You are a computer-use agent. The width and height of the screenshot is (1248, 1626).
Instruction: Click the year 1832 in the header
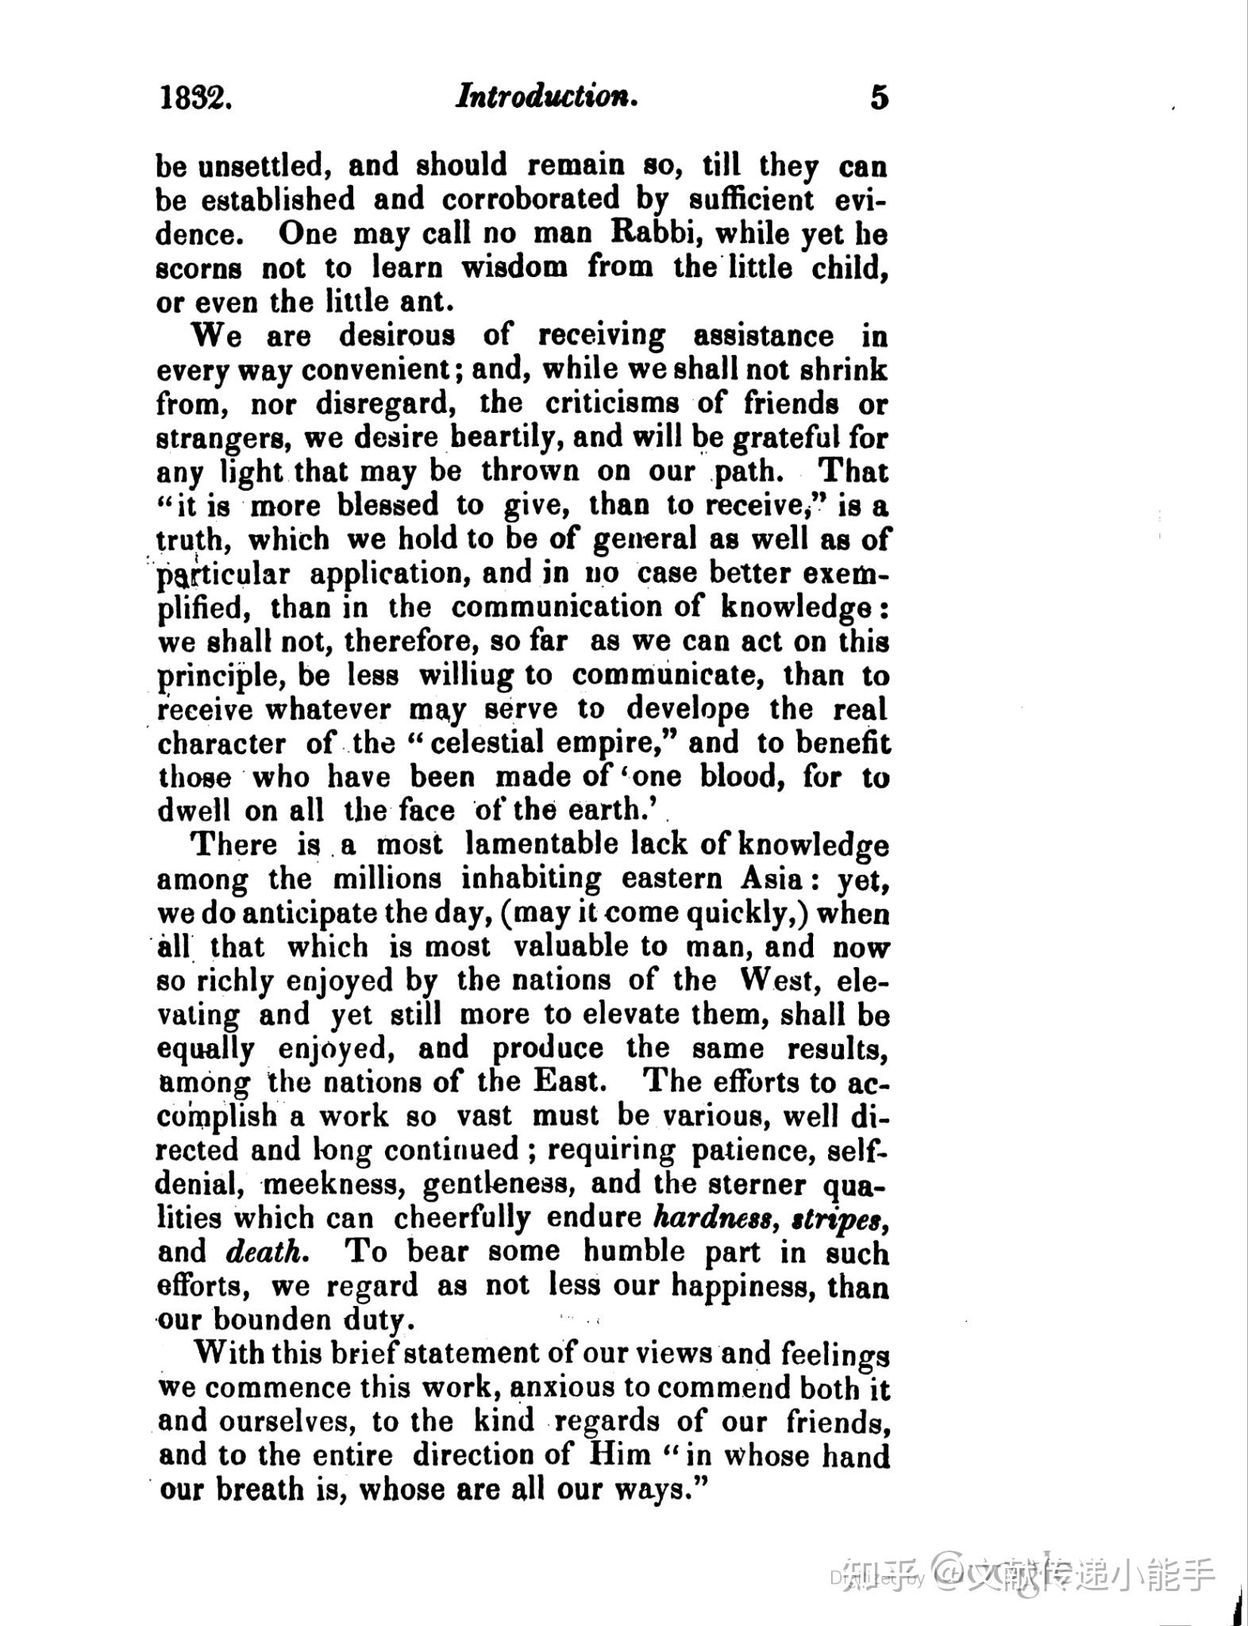[195, 98]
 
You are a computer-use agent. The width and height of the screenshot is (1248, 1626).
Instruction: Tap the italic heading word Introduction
[547, 97]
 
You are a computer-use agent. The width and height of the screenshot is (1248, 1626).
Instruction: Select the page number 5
[879, 98]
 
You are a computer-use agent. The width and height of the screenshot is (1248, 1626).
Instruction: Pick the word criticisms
[611, 403]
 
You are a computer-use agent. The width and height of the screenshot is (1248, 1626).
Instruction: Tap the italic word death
[264, 1252]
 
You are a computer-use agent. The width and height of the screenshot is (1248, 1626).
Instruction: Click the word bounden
[271, 1320]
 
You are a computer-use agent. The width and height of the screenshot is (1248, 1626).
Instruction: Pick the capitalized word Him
[618, 1455]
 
